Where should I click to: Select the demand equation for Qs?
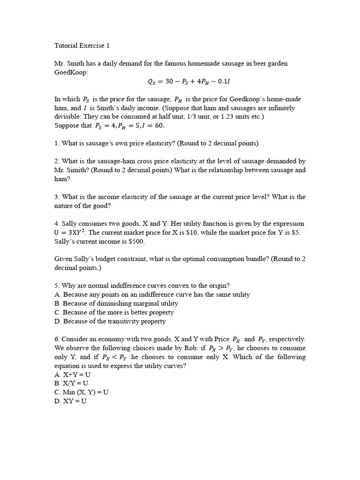pos(188,82)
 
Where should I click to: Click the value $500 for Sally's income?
pos(136,241)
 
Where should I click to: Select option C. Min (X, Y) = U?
pos(82,392)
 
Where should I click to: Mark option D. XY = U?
pos(70,401)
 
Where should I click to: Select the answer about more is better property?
pos(114,312)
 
